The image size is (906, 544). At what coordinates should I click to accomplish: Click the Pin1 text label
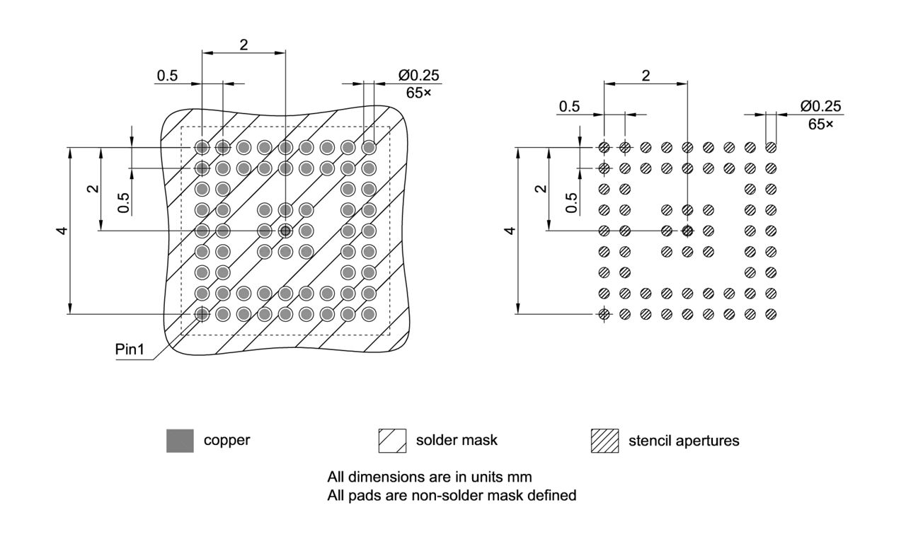(x=129, y=350)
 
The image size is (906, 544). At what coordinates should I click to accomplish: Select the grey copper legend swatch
(x=180, y=441)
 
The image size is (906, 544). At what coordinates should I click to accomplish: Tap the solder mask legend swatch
(x=392, y=441)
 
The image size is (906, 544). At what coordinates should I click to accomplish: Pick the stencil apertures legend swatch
(x=604, y=441)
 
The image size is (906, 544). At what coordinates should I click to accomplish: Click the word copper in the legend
(x=226, y=440)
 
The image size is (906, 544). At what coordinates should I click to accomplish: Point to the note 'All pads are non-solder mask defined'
(x=452, y=495)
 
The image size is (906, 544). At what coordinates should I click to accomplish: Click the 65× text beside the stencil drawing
(x=820, y=124)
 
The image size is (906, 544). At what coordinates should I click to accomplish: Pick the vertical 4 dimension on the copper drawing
(x=63, y=231)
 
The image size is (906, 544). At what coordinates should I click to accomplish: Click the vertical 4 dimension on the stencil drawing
(x=509, y=231)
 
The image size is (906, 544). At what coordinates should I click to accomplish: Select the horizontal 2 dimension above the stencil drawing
(x=646, y=76)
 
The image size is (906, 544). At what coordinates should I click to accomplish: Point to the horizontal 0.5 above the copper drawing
(x=167, y=76)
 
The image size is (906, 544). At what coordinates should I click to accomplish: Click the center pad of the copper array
(x=285, y=231)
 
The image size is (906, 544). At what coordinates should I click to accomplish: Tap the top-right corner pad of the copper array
(x=369, y=147)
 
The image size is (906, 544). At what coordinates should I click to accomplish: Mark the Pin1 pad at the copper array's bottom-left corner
(x=202, y=313)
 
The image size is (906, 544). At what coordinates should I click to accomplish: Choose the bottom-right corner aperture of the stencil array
(x=771, y=314)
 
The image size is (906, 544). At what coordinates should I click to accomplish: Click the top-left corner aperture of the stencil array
(x=604, y=148)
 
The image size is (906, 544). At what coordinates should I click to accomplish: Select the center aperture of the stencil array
(x=687, y=231)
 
